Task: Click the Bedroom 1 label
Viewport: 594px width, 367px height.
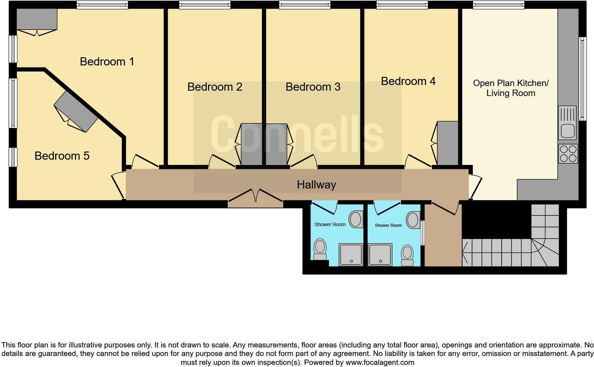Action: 107,62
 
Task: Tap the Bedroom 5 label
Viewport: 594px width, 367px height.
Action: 62,156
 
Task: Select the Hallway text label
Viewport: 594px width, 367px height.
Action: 316,185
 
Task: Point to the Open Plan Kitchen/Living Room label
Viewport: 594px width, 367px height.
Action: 511,88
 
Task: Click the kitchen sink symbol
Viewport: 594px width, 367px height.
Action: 567,123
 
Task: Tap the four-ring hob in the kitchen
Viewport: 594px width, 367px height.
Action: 568,154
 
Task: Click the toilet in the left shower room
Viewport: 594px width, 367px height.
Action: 320,249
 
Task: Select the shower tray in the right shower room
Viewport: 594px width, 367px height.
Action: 380,255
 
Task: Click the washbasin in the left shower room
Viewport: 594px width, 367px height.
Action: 356,219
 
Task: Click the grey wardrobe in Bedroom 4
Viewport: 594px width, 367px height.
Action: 448,143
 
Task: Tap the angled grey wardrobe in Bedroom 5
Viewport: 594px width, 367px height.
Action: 76,111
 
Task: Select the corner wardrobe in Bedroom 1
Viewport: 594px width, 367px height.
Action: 37,20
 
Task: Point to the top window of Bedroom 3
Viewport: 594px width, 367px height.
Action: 304,5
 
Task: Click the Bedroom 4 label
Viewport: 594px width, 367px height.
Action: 408,81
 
